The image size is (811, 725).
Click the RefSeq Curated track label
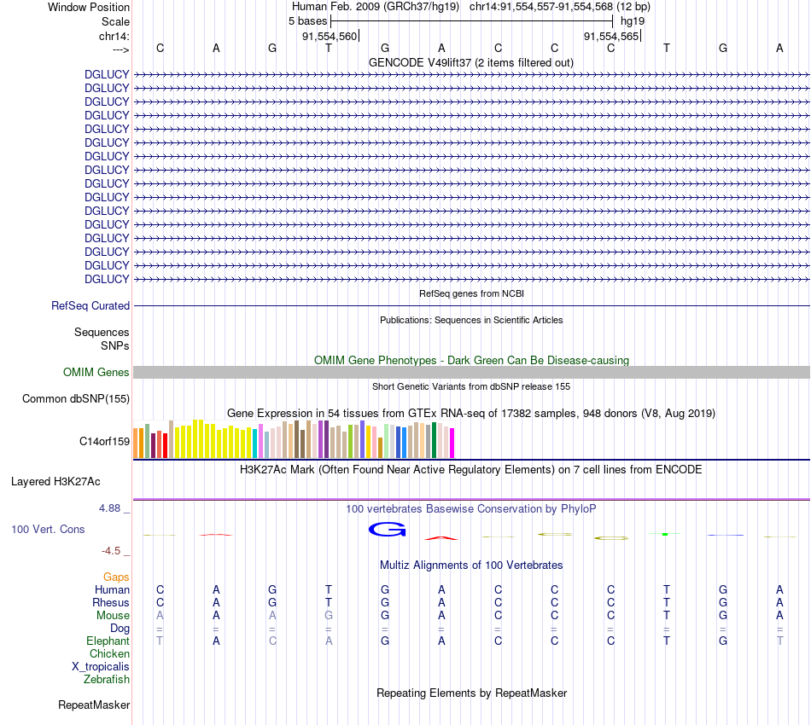(x=90, y=305)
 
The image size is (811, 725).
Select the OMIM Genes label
(x=96, y=372)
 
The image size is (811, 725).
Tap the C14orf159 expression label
(x=104, y=441)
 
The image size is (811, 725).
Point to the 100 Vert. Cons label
(x=48, y=530)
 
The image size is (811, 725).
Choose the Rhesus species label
(x=111, y=602)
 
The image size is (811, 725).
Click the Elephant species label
(x=108, y=641)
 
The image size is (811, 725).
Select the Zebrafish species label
(x=107, y=679)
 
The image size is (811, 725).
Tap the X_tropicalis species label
(x=101, y=666)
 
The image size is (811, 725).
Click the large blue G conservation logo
(x=386, y=530)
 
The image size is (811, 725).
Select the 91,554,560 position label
(x=330, y=36)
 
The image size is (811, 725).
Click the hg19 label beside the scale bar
(x=633, y=20)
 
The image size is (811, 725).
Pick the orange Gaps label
(x=116, y=577)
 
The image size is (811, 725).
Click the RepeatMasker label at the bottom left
(x=94, y=705)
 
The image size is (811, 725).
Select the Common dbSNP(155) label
(x=76, y=398)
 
